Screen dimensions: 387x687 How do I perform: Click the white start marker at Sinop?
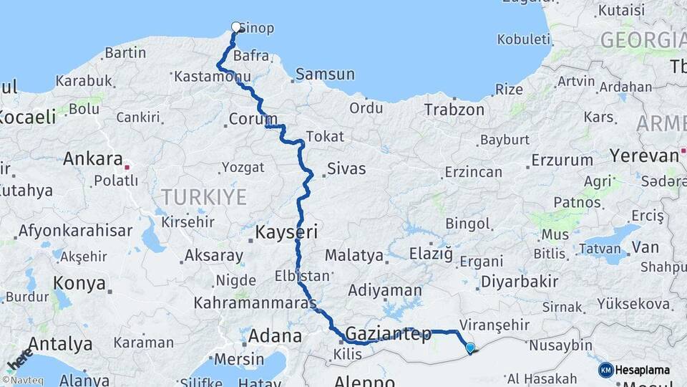(236, 27)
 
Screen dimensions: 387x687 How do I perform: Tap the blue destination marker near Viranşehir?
(469, 348)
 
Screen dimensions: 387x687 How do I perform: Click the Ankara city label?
(93, 158)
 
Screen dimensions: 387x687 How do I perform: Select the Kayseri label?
(286, 231)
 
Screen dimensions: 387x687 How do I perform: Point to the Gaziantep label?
(389, 334)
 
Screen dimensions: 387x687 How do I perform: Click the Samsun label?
(325, 74)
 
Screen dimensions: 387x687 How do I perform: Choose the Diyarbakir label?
(520, 282)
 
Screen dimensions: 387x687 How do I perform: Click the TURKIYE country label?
(204, 197)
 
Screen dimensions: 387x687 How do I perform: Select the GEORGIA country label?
(642, 40)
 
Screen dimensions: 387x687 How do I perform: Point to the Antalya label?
(60, 344)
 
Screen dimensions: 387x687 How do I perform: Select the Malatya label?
(354, 255)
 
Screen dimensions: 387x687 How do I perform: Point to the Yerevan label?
(643, 156)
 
